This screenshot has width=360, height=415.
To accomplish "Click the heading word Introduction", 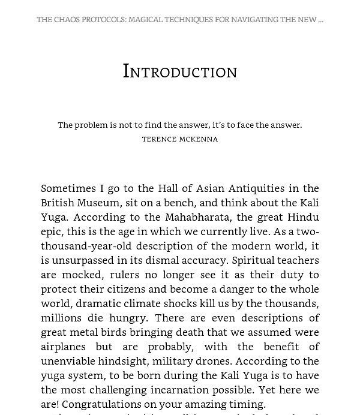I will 180,71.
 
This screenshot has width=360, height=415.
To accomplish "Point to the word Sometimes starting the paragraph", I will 67,188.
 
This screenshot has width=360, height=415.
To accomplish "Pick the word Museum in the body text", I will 98,203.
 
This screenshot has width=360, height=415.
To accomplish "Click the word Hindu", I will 303,217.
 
